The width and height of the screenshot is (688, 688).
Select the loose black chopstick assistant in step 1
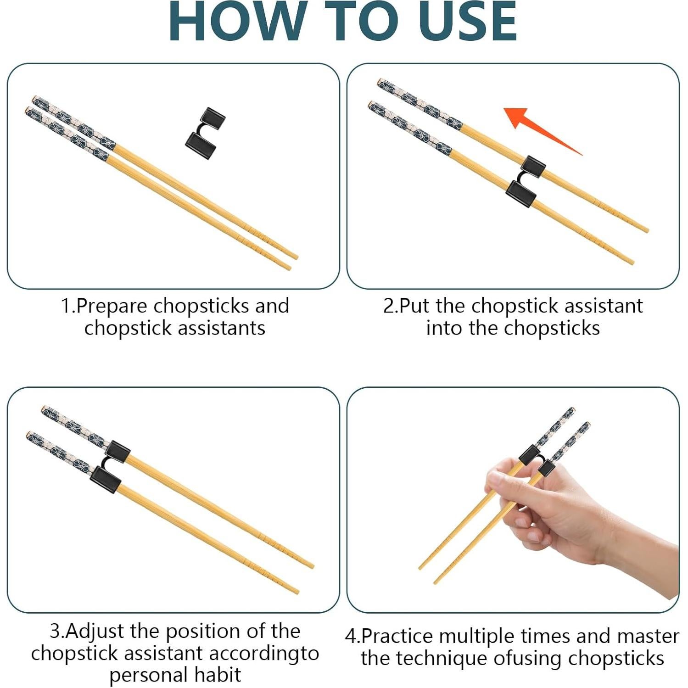pos(205,133)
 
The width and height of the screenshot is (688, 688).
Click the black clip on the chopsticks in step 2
pos(526,181)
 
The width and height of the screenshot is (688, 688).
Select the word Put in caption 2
pos(416,306)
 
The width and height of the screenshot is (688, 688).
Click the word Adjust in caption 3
pos(95,631)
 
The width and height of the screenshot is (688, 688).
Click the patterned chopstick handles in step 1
pos(71,126)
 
